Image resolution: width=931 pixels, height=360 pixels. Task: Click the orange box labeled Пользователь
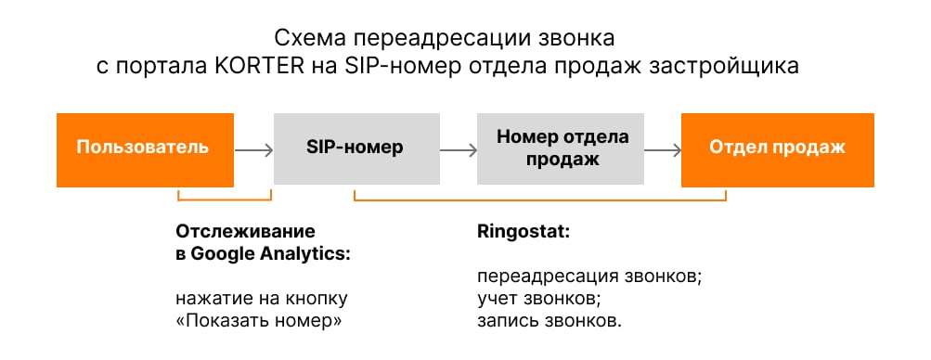[141, 148]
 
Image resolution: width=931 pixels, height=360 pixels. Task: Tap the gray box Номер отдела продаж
[562, 148]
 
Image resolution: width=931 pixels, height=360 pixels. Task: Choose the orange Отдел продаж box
[777, 148]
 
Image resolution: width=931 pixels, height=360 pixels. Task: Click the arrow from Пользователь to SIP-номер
[252, 148]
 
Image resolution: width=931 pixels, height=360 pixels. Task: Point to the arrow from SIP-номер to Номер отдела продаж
[457, 148]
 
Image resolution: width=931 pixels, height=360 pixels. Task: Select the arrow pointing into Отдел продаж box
[663, 148]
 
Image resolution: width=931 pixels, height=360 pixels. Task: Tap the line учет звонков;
[534, 300]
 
